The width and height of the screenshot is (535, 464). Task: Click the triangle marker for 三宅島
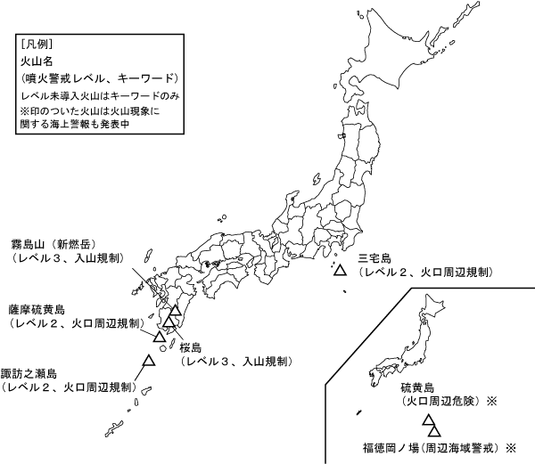(x=340, y=269)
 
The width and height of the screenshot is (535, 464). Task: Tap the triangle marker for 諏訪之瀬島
(x=148, y=361)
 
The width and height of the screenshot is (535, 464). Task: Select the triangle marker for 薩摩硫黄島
(x=160, y=337)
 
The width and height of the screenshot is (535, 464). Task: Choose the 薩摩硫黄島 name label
(x=37, y=309)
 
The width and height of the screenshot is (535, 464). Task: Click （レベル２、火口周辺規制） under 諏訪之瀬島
(x=70, y=388)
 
